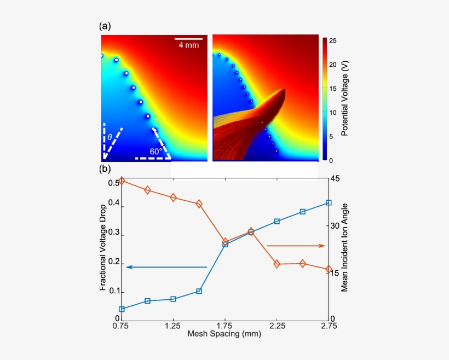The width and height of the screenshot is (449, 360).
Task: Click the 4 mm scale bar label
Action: pos(189,45)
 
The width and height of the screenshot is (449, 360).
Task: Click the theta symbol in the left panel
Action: pos(110,137)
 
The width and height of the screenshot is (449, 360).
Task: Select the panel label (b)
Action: pos(105,169)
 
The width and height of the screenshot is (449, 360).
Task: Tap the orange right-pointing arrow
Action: pos(296,246)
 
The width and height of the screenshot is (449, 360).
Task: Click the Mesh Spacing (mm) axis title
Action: pos(225,333)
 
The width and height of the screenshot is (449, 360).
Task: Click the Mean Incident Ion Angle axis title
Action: pos(344,247)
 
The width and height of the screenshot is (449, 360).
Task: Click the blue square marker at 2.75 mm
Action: pos(329,203)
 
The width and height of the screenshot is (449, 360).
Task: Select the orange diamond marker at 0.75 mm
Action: pos(122,180)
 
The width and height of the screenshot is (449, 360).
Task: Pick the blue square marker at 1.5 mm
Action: pos(199,291)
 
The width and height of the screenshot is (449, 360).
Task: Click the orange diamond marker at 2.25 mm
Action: pos(277,264)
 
